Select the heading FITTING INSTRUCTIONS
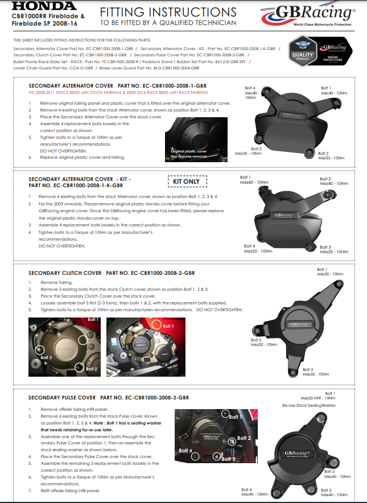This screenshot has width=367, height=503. [x=168, y=11]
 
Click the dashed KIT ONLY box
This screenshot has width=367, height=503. [x=188, y=182]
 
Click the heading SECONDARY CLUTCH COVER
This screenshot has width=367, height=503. [x=65, y=273]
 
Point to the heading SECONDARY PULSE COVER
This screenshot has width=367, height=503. [x=63, y=397]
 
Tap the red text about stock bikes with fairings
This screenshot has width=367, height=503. [x=118, y=92]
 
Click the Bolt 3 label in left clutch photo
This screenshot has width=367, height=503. [x=46, y=357]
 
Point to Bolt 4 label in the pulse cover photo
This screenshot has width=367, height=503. [x=187, y=451]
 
